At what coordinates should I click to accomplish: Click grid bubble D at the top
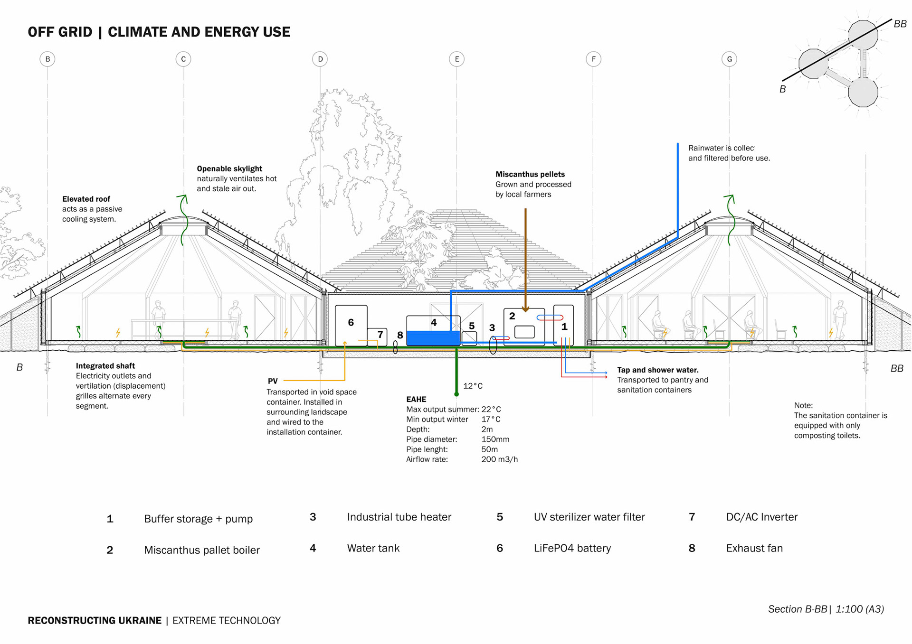[320, 59]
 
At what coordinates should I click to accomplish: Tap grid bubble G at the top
[729, 59]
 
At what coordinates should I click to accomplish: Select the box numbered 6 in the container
[351, 325]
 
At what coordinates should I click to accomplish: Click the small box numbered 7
[377, 336]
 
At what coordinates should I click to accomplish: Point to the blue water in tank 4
[433, 338]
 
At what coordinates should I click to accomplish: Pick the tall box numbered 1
[564, 325]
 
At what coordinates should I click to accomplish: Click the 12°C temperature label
[473, 386]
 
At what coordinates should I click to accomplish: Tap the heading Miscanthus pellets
[530, 174]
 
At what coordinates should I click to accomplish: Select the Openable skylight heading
[229, 168]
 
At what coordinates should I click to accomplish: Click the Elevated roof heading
[86, 199]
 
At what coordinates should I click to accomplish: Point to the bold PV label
[273, 381]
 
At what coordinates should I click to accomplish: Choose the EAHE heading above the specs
[416, 399]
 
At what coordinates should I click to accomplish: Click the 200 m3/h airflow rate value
[499, 459]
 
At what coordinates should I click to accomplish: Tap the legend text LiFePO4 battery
[572, 548]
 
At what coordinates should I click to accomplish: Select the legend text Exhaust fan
[754, 548]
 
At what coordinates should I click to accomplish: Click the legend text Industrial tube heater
[399, 517]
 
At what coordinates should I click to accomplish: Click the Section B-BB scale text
[826, 609]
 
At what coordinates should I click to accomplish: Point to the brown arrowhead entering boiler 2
[525, 309]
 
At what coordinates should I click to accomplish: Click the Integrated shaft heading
[105, 366]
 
